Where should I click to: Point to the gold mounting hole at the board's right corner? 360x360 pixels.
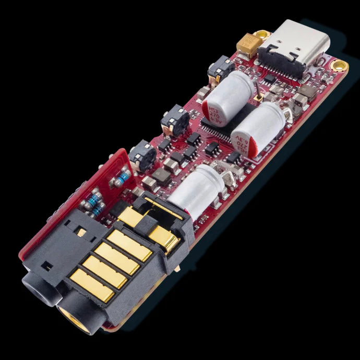(340, 65)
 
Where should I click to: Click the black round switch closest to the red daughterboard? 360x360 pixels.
(141, 154)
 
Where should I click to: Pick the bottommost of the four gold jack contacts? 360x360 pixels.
(92, 281)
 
